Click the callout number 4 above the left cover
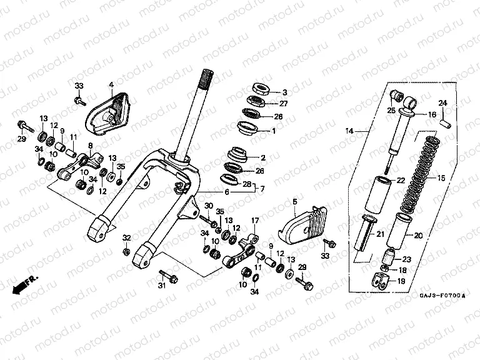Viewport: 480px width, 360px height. tap(111, 84)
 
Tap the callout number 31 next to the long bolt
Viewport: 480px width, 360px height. tap(161, 287)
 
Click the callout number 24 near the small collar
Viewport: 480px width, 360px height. tap(442, 103)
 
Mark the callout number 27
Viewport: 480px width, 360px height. tap(283, 104)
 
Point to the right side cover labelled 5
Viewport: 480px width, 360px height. tap(304, 223)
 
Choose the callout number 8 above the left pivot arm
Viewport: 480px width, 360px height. tap(91, 146)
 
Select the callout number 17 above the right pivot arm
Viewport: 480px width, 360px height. tap(254, 221)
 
